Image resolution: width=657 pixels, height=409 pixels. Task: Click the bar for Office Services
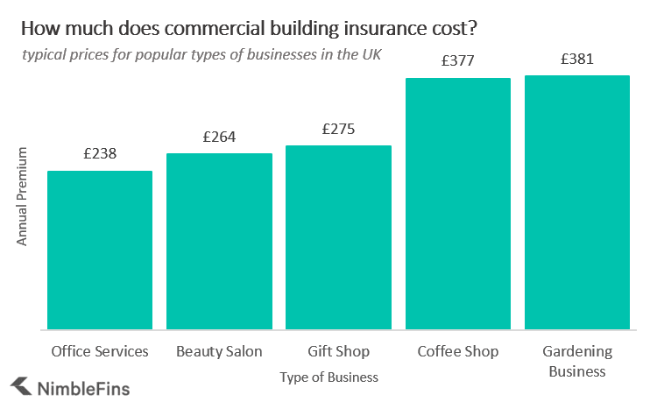pos(100,250)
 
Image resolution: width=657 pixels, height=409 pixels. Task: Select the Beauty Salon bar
pos(219,241)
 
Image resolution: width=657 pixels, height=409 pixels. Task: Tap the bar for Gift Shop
pos(338,237)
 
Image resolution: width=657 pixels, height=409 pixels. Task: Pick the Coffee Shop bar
pos(457,203)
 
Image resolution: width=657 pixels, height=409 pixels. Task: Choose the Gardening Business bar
pos(576,202)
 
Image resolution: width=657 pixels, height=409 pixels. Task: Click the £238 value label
pos(100,153)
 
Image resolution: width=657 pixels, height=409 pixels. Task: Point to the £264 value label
pos(219,137)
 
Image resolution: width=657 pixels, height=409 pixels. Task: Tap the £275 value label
pos(338,129)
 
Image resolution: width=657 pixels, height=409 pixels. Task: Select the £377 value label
pos(457,60)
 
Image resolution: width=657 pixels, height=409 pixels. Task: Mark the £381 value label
pos(576,60)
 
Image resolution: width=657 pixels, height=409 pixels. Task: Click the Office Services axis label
pos(100,351)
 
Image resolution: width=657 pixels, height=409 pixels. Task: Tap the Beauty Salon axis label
pos(219,351)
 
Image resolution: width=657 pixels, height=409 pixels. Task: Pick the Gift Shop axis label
pos(338,351)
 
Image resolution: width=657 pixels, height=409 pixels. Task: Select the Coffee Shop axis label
pos(457,351)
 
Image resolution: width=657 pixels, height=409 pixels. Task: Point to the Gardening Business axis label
pos(576,361)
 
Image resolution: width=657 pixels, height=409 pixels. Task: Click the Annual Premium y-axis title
pos(23,197)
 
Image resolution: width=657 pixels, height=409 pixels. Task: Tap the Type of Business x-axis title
pos(329,377)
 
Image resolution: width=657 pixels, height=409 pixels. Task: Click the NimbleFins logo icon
pos(21,386)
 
